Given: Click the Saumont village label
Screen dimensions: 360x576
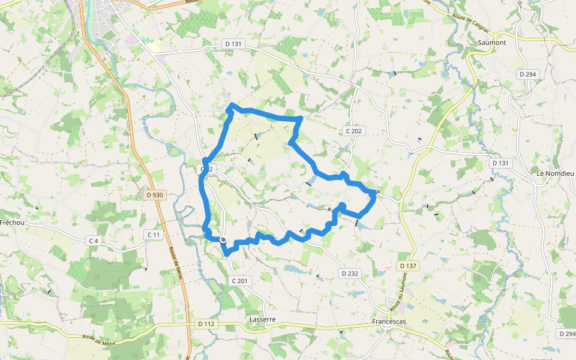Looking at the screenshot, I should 492,43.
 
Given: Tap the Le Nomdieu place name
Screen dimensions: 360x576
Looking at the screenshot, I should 556,173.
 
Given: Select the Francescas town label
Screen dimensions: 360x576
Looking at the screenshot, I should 389,322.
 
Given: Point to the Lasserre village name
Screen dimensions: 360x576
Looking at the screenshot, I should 262,320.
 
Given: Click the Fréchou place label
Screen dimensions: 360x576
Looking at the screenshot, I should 11,222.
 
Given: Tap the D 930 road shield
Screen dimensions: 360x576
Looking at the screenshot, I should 154,195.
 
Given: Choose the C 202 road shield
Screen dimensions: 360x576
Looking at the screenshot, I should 355,131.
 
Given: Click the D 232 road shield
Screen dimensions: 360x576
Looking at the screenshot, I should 350,274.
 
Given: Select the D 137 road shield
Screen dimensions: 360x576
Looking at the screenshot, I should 407,265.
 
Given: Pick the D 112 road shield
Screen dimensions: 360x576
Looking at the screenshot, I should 206,324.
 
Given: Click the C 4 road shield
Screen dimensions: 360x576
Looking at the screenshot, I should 93,241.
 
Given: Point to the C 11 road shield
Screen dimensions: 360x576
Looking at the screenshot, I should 154,235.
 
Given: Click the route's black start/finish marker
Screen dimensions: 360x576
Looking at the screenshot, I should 223,240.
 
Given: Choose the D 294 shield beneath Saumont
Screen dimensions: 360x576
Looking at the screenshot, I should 527,74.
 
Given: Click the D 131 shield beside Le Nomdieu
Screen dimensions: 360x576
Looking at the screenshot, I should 500,163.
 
